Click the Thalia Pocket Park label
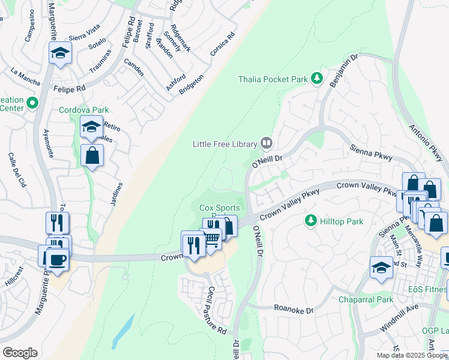[x=273, y=79]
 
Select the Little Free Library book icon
[x=267, y=143]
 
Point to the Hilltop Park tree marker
[x=310, y=221]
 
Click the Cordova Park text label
[x=84, y=110]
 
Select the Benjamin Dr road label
[x=343, y=72]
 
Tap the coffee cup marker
[x=58, y=260]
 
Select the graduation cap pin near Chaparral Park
[x=381, y=267]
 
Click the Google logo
[x=20, y=353]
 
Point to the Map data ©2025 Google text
[x=411, y=355]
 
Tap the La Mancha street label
[x=25, y=76]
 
